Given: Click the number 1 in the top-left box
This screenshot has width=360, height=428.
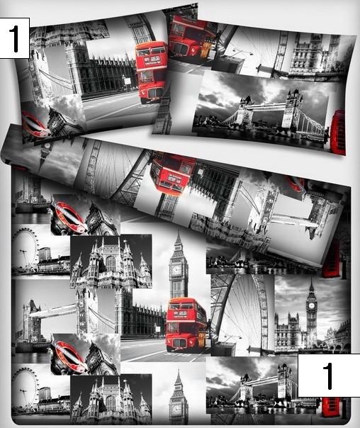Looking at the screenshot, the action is coord(14,39).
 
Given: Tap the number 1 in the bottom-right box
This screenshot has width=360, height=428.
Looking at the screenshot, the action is coord(328,376).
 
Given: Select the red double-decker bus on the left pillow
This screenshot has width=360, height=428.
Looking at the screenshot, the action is coord(152,72).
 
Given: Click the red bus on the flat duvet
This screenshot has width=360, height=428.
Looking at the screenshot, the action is coord(187,325).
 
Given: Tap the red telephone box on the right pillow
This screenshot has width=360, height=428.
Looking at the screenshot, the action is coord(337,132).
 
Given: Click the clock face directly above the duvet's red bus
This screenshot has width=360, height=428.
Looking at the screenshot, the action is coord(176,270).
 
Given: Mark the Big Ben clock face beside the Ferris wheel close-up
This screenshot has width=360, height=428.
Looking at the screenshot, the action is coord(311,305).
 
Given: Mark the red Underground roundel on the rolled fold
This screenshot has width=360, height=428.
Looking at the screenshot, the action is coord(295,184).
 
